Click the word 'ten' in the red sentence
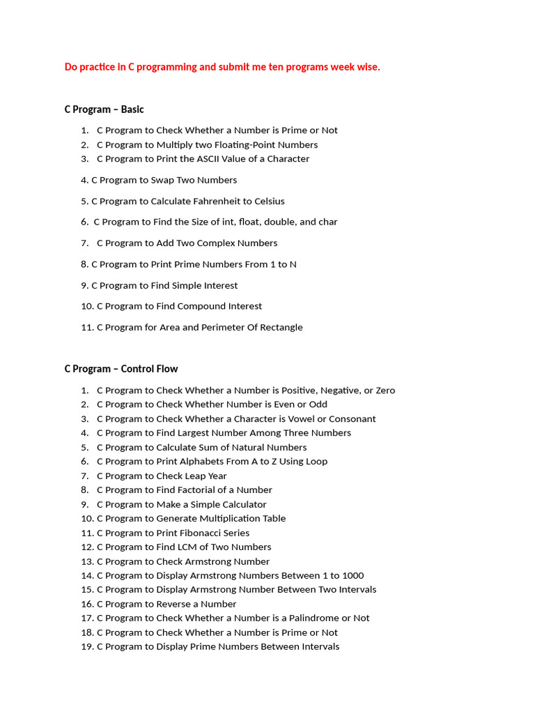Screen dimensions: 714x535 point(286,67)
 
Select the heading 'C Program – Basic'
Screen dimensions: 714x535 point(104,109)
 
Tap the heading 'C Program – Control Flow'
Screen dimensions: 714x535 point(121,369)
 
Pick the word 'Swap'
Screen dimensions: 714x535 point(163,180)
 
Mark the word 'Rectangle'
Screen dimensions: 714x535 point(280,328)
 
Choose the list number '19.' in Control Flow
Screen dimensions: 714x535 point(87,647)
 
